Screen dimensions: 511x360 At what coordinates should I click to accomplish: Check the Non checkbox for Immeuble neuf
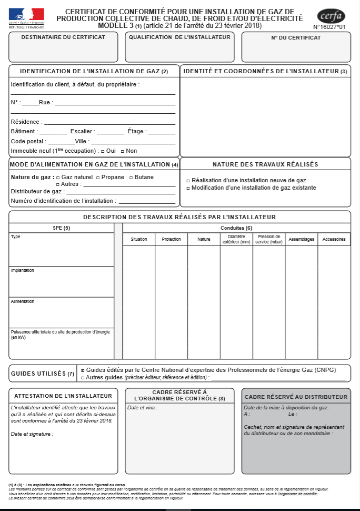coord(122,151)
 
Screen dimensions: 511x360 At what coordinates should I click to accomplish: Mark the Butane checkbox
coord(131,178)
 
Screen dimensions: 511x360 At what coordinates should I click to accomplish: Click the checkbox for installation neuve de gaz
coord(188,181)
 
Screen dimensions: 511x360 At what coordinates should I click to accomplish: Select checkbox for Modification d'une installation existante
coord(188,188)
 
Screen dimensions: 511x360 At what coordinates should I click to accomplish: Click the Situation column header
coord(139,240)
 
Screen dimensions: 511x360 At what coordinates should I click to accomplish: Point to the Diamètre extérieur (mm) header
coord(236,240)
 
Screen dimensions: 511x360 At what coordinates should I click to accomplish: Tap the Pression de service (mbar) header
coord(269,240)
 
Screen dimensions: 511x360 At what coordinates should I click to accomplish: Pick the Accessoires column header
coord(334,240)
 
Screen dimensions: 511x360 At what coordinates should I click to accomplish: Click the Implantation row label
coord(23,270)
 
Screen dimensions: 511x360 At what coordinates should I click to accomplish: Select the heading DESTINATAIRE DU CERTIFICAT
coord(63,37)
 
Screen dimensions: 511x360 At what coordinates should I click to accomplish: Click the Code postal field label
coord(28,142)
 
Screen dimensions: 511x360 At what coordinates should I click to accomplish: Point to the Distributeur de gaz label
coord(36,192)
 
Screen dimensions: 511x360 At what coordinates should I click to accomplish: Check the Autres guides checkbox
coord(82,378)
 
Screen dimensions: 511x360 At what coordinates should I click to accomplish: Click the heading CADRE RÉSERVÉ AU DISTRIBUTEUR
coord(296,397)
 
